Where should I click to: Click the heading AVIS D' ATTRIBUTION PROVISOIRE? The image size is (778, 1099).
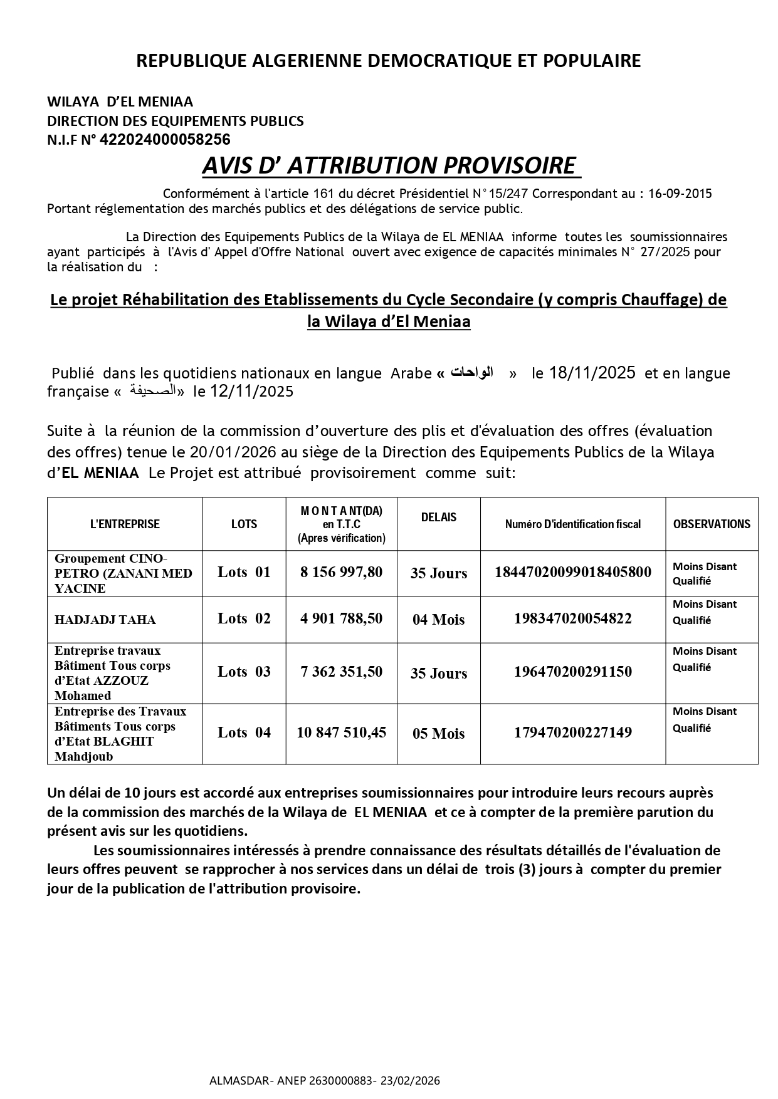(389, 165)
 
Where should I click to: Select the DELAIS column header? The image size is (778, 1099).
(439, 518)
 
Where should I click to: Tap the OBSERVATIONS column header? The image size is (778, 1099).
(712, 524)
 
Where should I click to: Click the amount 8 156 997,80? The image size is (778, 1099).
(341, 572)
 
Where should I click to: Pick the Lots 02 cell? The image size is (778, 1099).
(244, 618)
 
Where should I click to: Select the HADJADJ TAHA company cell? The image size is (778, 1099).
(105, 620)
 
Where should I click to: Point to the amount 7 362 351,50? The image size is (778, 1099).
(341, 672)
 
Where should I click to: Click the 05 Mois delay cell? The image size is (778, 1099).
(439, 733)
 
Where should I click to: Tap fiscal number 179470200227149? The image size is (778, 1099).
(573, 732)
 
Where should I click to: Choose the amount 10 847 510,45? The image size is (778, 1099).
(341, 732)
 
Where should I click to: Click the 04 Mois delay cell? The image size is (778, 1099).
(439, 620)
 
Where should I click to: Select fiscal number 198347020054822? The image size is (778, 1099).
(573, 618)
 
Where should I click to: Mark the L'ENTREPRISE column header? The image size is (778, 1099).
(125, 524)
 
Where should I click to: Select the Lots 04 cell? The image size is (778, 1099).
(244, 732)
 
